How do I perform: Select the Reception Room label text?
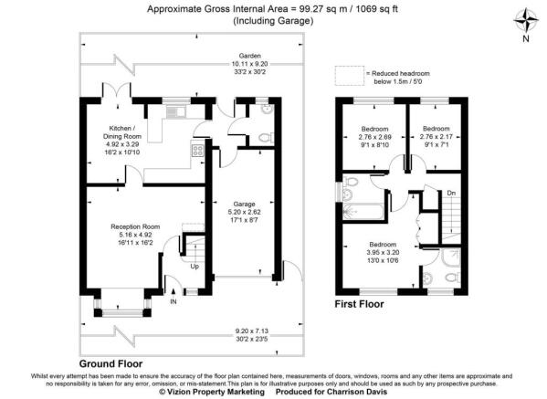[135, 233]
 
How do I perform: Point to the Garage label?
[242, 213]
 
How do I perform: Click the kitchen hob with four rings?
[196, 151]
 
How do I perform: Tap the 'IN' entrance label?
[174, 300]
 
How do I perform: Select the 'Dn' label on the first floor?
[450, 193]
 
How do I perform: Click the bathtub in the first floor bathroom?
[364, 213]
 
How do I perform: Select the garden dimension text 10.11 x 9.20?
[244, 63]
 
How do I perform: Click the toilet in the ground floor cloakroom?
[264, 138]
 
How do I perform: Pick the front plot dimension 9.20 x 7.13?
[243, 331]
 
